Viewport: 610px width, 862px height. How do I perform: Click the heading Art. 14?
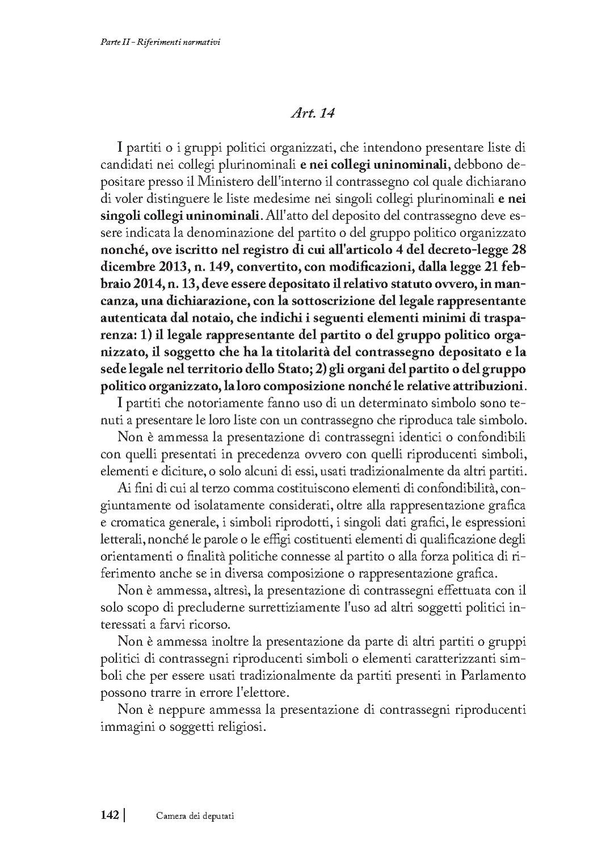tap(312, 113)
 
